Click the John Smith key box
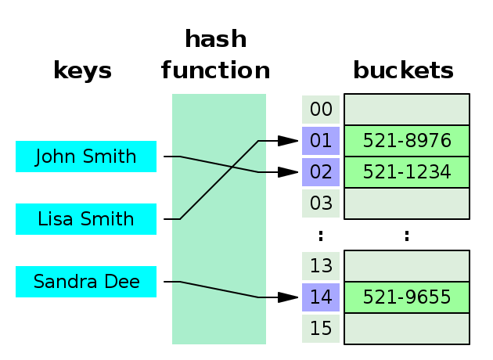86,157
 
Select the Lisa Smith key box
86,219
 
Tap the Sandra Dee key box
86,282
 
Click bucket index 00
321,110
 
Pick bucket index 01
321,141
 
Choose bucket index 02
321,172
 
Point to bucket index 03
321,203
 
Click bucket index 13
321,266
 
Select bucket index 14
321,297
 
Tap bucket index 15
321,329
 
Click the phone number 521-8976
407,141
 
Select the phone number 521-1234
407,172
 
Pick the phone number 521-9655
407,297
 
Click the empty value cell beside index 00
407,110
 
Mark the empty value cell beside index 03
407,203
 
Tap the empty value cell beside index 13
407,266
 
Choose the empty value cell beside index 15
407,329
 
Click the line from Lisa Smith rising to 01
219,180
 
